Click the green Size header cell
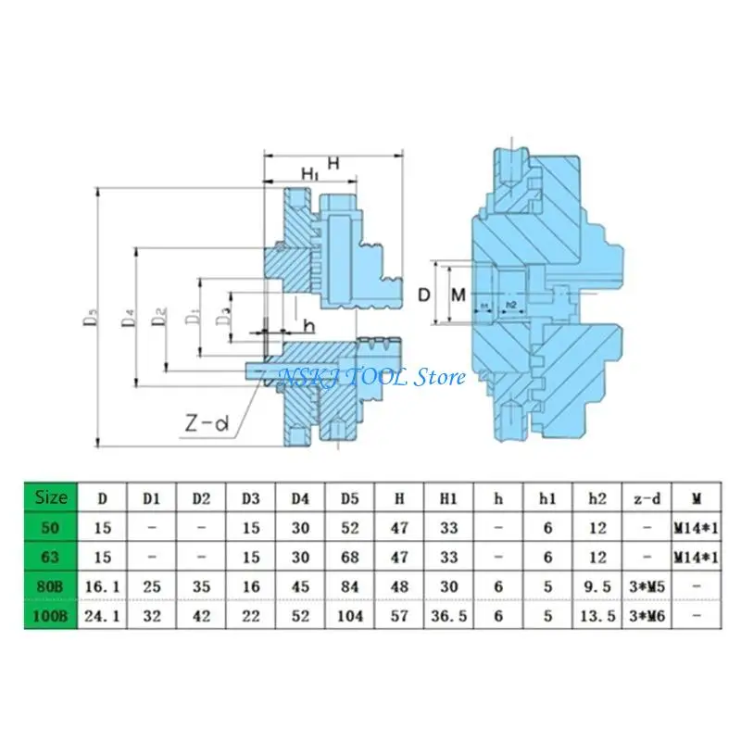(50, 497)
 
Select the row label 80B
(50, 586)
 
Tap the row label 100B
(50, 616)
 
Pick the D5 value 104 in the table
(350, 616)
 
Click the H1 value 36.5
(449, 616)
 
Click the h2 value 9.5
(598, 586)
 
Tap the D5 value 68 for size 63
(350, 557)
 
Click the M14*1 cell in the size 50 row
(697, 527)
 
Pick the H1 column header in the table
(449, 497)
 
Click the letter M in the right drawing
(457, 295)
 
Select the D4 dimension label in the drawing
(129, 317)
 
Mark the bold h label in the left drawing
(308, 326)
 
